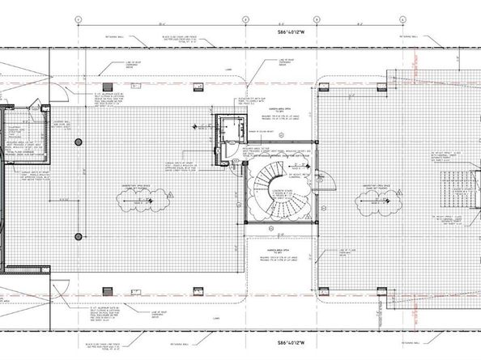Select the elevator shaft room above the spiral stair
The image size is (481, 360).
point(231,130)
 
